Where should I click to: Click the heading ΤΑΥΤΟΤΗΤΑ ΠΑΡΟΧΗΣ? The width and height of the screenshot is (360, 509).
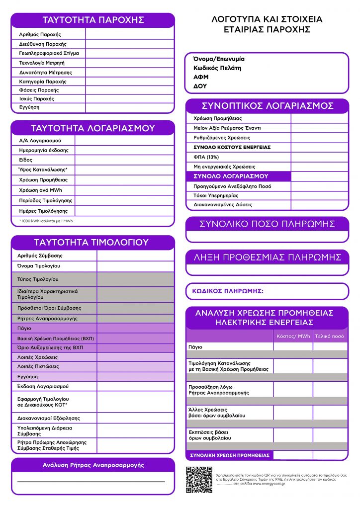point(93,20)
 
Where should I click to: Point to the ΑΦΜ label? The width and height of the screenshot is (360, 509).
point(201,77)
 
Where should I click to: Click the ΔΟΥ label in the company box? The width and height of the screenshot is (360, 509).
point(200,86)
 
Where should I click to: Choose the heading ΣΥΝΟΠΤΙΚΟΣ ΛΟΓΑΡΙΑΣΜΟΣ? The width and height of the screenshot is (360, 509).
point(267,106)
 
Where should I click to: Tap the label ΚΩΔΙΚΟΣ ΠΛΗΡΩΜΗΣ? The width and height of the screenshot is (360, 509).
point(227,291)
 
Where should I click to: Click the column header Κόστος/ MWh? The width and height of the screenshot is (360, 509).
point(293,337)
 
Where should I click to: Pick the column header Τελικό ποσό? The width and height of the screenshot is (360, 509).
point(330,337)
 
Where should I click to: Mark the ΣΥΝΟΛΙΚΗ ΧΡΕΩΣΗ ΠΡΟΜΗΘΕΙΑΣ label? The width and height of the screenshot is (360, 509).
point(230,455)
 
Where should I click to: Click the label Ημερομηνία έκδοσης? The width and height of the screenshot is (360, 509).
point(44,150)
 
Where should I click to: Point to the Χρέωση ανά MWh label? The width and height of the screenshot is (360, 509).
point(40,190)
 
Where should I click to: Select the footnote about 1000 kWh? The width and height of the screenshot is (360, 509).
point(46,221)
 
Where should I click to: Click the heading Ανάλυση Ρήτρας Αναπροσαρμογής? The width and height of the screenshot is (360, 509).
point(93,465)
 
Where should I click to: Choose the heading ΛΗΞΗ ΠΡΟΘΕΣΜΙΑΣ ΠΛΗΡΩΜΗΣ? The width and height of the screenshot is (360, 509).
point(267,257)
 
